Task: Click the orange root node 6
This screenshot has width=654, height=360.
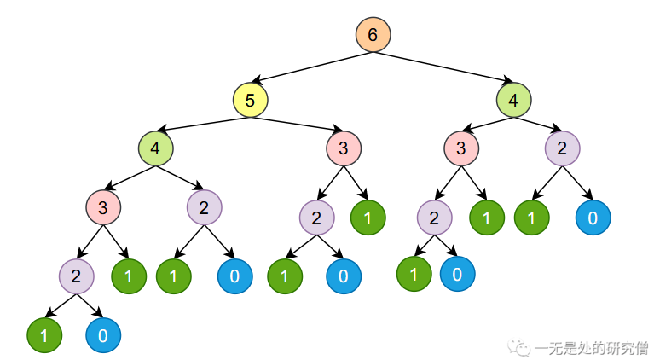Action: tap(373, 34)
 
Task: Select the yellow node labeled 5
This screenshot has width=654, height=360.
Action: tap(250, 101)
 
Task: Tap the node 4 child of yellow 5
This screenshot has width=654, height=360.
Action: tap(155, 148)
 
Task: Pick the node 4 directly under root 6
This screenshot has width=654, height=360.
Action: tap(513, 101)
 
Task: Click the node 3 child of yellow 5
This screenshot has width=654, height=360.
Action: tap(344, 148)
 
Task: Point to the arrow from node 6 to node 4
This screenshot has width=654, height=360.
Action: tap(443, 67)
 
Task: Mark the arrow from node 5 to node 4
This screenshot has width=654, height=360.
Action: tap(203, 125)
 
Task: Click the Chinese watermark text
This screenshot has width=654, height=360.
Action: tap(589, 346)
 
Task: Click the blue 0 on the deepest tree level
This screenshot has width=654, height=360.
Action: tap(102, 335)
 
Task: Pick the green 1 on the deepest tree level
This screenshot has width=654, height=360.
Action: tap(43, 335)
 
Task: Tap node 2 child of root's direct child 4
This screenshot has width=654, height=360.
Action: tap(562, 148)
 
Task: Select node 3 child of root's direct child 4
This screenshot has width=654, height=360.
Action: tap(460, 148)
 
